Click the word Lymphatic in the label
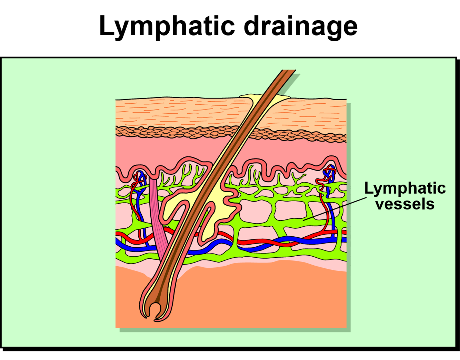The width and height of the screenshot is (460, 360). coord(405,188)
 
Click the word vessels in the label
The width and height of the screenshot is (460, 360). coord(405,204)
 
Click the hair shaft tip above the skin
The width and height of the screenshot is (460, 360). coord(288,72)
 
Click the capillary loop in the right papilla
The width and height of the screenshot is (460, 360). coord(329,174)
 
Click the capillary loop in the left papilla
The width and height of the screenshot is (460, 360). coord(139,177)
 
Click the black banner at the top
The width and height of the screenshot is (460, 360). coord(230,28)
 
